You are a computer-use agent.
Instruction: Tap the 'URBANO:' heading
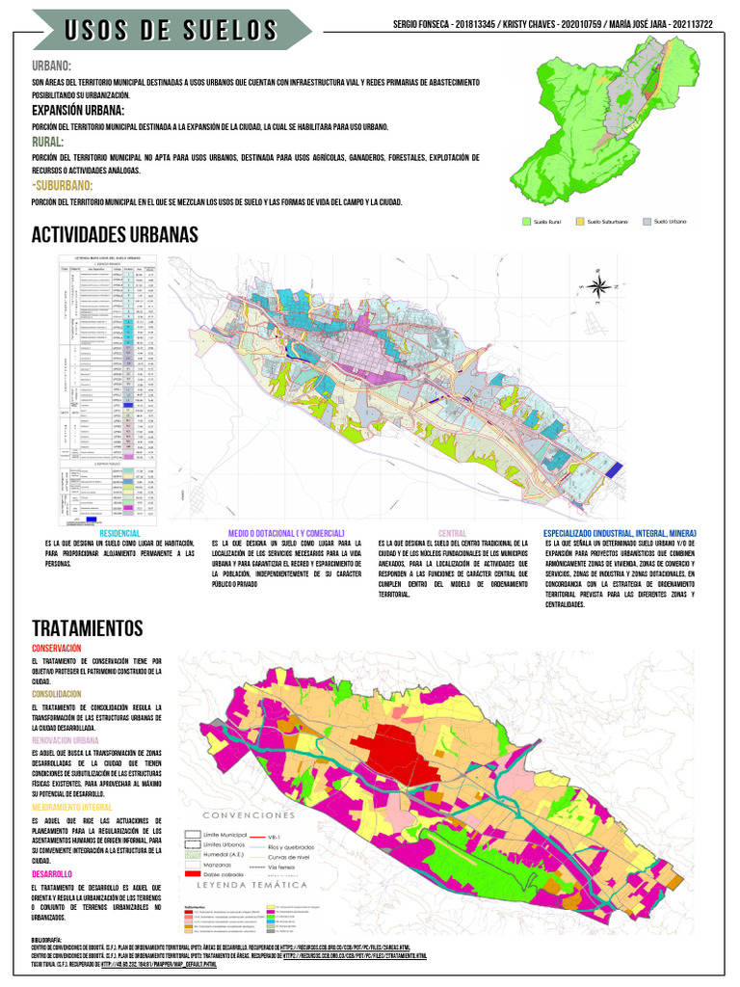coord(52,66)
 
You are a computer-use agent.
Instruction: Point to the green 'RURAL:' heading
coord(48,142)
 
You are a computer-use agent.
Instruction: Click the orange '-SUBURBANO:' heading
coord(63,185)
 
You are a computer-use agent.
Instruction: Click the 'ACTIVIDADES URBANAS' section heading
coord(115,235)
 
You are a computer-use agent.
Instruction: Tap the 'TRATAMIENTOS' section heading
coord(87,628)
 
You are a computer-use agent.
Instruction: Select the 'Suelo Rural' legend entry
coord(546,222)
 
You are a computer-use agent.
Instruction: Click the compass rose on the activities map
coord(597,284)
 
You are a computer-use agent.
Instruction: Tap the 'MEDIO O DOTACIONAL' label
coord(285,533)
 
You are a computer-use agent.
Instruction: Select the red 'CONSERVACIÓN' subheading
coord(56,649)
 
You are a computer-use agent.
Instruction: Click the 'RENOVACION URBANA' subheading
coord(66,739)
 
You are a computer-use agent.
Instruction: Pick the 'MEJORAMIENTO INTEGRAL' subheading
coord(71,806)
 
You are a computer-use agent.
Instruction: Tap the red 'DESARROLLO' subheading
coord(53,873)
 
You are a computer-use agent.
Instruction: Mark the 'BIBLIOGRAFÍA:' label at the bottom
coord(46,938)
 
